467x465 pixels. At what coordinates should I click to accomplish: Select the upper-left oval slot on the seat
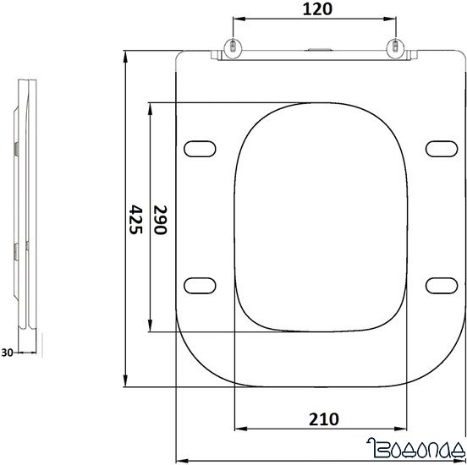coord(198,148)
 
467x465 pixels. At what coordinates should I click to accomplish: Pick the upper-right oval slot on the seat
coord(440,148)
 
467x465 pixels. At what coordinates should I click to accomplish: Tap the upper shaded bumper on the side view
coord(18,149)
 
